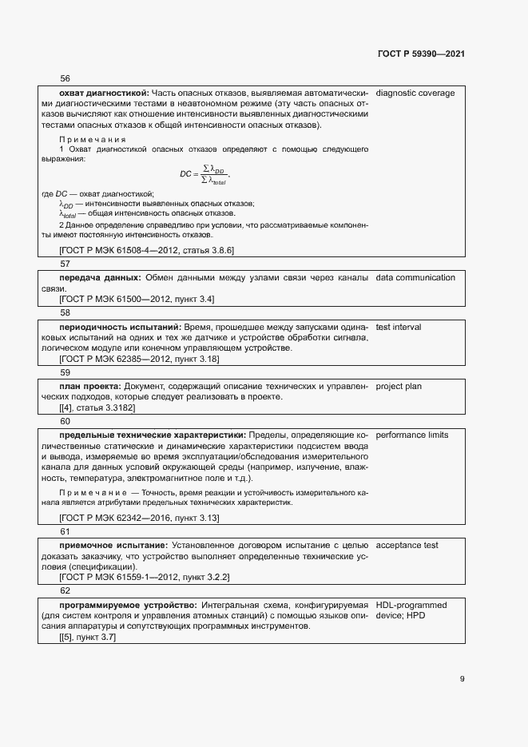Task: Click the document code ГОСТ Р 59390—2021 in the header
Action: pyautogui.click(x=421, y=54)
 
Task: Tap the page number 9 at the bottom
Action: pyautogui.click(x=462, y=679)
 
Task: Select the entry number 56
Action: pyautogui.click(x=65, y=78)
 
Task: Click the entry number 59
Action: pyautogui.click(x=65, y=372)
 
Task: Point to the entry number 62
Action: pyautogui.click(x=65, y=590)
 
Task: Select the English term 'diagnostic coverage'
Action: pyautogui.click(x=415, y=93)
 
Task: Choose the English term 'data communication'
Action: pyautogui.click(x=415, y=277)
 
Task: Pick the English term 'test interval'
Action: pyautogui.click(x=399, y=327)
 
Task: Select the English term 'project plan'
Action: pyautogui.click(x=399, y=387)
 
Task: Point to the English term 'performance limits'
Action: pyautogui.click(x=412, y=435)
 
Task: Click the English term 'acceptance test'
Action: pyautogui.click(x=407, y=545)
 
